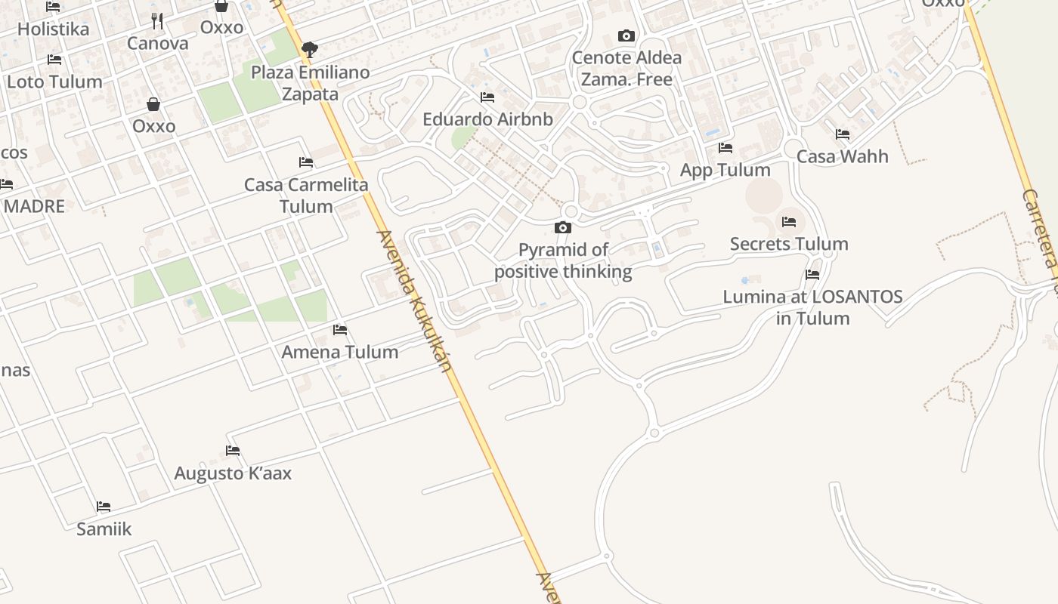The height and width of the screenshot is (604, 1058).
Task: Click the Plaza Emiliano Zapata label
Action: [310, 83]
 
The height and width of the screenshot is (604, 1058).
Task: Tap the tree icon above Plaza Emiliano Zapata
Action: [309, 51]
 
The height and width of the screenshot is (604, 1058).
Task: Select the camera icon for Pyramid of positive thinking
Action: [563, 227]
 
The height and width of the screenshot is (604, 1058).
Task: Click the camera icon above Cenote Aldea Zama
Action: [626, 35]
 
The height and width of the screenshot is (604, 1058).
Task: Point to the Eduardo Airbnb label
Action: [487, 119]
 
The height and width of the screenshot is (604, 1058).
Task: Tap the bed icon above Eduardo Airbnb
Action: [487, 97]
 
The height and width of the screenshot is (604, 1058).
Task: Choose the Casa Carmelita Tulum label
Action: [306, 195]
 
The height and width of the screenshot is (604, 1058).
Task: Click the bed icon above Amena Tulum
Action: [340, 330]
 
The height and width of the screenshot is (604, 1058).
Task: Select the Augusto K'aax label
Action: [233, 473]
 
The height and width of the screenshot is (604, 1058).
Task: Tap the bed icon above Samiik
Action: [104, 507]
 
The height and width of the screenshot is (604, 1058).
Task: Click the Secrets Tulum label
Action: [789, 244]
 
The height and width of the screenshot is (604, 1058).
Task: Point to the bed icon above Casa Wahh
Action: [843, 134]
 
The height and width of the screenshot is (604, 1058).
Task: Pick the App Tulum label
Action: [725, 170]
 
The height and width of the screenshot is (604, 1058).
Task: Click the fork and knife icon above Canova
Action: [157, 20]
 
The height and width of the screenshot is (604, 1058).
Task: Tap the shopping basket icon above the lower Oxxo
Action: [153, 104]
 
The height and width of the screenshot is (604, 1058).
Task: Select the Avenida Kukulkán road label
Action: [415, 300]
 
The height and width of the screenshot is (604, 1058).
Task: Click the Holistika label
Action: [53, 29]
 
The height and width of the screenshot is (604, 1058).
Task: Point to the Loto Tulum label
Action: [54, 82]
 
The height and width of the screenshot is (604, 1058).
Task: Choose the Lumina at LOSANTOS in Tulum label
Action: [812, 307]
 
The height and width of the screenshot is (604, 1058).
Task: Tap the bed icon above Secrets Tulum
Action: [789, 222]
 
